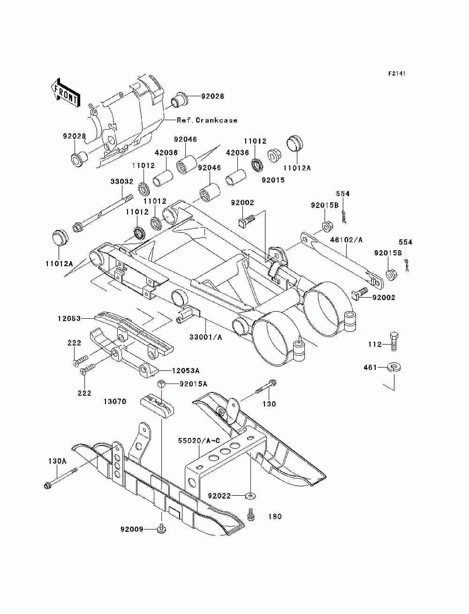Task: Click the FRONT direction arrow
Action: [65, 92]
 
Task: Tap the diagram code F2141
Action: [397, 74]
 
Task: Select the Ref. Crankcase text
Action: [207, 120]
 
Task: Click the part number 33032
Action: [122, 182]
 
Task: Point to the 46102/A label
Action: [346, 240]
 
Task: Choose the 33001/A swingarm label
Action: [206, 338]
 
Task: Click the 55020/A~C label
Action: [199, 441]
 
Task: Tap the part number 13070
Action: [115, 402]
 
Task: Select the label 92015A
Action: [193, 384]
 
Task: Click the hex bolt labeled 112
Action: [394, 342]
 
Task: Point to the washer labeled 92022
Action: [251, 496]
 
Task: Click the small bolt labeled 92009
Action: [161, 529]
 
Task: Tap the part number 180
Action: [275, 517]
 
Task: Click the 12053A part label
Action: [186, 371]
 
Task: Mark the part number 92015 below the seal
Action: [273, 180]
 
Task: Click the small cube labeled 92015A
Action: [160, 384]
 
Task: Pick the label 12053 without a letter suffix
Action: [69, 318]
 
